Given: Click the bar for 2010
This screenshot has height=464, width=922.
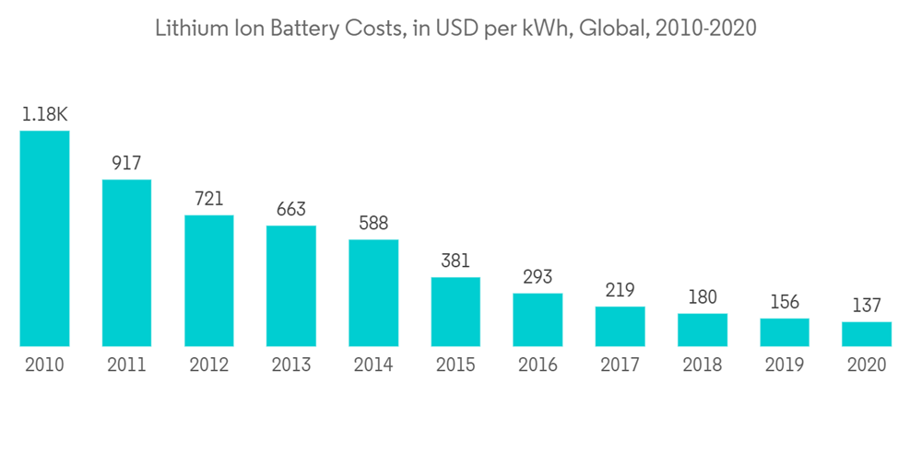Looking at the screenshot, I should [44, 238].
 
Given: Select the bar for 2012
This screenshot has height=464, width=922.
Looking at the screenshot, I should [209, 281].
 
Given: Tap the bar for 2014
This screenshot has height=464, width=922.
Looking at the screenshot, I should [373, 293].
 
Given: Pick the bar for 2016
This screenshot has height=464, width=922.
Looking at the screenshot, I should [538, 319].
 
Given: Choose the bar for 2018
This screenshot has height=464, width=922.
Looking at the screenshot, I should [703, 330].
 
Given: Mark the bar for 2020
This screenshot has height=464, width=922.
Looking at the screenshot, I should [867, 334].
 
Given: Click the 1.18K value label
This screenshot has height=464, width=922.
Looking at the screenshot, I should [44, 115].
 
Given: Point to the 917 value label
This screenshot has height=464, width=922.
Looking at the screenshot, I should [126, 164].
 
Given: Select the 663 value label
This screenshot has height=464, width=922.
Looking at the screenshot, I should [291, 210].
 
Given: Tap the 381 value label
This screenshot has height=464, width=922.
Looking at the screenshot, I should [455, 261].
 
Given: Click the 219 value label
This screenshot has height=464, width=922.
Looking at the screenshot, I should [620, 291].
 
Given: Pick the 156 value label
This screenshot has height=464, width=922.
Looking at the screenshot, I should [785, 303].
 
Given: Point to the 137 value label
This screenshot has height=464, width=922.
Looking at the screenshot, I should [867, 306].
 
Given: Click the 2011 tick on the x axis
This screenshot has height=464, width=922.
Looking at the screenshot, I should [126, 365].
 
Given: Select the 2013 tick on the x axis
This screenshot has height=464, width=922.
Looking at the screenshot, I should [291, 365].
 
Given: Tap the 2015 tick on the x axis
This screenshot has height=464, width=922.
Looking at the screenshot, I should [455, 365].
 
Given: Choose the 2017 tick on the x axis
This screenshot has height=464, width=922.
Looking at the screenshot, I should [620, 365].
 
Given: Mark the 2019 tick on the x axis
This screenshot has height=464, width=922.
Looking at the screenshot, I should [785, 365].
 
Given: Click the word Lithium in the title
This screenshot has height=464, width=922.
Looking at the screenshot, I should [189, 29].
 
